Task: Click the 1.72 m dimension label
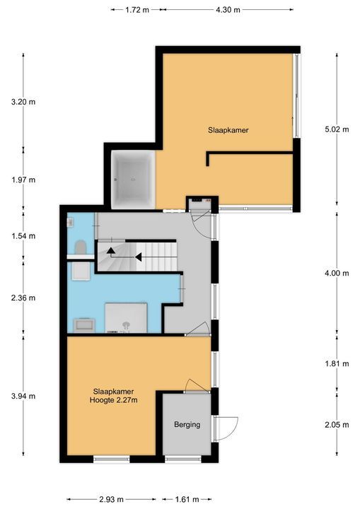click(x=137, y=10)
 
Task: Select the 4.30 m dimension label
click(x=228, y=10)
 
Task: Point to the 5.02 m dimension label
click(x=337, y=129)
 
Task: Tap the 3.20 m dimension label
click(x=23, y=102)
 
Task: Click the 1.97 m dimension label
click(x=23, y=180)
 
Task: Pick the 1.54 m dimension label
click(x=23, y=236)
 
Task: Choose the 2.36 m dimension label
click(x=23, y=298)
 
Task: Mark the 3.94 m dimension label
click(x=23, y=396)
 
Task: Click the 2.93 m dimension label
click(x=112, y=499)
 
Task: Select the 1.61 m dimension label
click(x=187, y=499)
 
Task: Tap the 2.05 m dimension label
click(x=337, y=425)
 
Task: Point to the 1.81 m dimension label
click(x=337, y=363)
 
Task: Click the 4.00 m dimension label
click(x=337, y=273)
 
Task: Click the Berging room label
click(x=187, y=425)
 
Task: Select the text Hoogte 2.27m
click(x=113, y=400)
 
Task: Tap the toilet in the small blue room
click(x=80, y=248)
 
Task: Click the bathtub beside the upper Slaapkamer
click(x=133, y=179)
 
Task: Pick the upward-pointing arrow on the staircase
click(x=110, y=250)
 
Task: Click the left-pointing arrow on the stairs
click(x=139, y=257)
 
